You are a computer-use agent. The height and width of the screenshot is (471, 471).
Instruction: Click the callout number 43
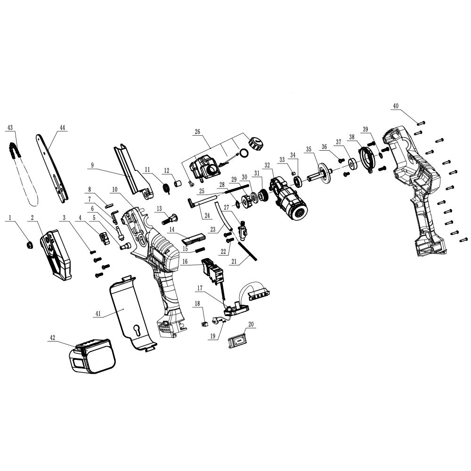(10, 127)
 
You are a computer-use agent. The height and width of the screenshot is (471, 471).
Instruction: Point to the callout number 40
(396, 106)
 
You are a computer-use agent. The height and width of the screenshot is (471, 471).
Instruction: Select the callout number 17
(200, 288)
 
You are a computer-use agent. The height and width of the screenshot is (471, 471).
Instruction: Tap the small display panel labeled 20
(238, 340)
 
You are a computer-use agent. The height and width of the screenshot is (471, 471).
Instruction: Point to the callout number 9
(93, 165)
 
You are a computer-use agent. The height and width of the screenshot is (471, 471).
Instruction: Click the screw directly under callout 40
(420, 122)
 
